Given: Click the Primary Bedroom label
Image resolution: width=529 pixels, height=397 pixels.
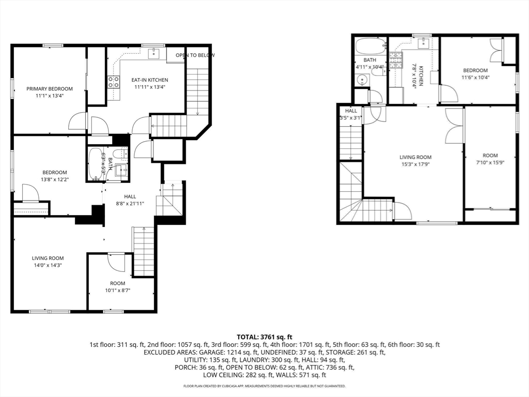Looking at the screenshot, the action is [x=50, y=89].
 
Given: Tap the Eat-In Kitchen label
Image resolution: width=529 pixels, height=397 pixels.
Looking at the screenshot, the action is [x=150, y=80].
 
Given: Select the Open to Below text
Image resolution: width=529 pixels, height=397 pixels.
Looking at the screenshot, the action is [x=195, y=55].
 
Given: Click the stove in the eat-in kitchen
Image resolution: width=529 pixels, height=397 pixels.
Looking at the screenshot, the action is [x=114, y=82].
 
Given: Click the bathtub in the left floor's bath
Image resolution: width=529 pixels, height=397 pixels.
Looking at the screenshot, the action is [x=96, y=164].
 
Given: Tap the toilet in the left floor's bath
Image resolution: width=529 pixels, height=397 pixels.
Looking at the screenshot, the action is [x=120, y=154].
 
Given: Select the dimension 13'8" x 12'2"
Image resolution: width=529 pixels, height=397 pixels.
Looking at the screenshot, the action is [x=55, y=179].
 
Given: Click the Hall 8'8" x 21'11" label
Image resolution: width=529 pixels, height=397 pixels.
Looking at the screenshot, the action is [x=130, y=200].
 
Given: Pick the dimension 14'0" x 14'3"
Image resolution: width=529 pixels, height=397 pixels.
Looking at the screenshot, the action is [x=48, y=265].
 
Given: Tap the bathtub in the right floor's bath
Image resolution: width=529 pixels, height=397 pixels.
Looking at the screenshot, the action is [x=370, y=46].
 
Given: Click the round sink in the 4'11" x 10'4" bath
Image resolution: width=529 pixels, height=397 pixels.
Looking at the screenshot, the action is [x=362, y=80].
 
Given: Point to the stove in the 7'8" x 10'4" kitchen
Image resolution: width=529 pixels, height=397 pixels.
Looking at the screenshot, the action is [x=396, y=60].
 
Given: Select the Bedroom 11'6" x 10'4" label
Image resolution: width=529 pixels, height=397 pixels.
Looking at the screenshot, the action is [x=475, y=74].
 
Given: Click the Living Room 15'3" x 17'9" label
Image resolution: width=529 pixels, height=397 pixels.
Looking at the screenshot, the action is [x=415, y=161].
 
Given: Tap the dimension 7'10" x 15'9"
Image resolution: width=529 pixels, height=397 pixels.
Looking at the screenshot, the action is [x=490, y=163].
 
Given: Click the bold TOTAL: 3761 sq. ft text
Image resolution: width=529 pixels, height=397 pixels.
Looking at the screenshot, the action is [x=264, y=337].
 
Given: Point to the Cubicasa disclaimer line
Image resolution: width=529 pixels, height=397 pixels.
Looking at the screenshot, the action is [x=264, y=386].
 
